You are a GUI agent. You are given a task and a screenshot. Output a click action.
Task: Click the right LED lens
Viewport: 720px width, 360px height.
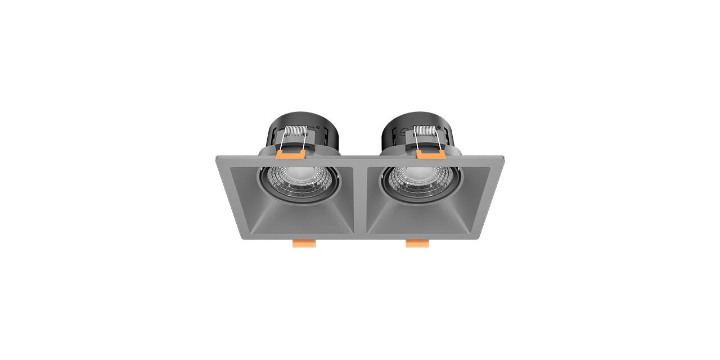pos(420,179)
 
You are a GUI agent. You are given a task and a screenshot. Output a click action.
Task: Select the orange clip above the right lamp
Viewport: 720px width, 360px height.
pos(431,154)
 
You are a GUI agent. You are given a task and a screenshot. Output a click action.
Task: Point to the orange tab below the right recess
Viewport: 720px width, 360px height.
pos(417,243)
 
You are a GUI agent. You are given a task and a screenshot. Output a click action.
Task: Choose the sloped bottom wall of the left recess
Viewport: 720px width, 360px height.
pos(304,219)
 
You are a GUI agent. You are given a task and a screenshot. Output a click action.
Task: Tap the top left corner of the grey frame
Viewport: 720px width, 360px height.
pos(217,158)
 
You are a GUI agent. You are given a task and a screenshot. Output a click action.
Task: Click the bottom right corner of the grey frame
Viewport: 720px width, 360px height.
pos(478,237)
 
